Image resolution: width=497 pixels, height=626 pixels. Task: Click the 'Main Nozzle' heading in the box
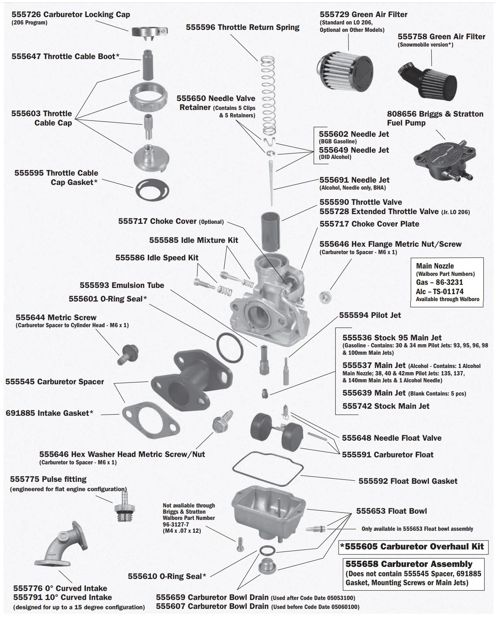click(x=435, y=266)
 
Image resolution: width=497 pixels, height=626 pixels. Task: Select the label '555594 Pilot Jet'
click(x=369, y=315)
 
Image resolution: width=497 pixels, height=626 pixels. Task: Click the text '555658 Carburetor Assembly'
click(x=409, y=564)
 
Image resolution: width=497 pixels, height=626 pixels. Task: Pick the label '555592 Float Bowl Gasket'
click(x=408, y=481)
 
